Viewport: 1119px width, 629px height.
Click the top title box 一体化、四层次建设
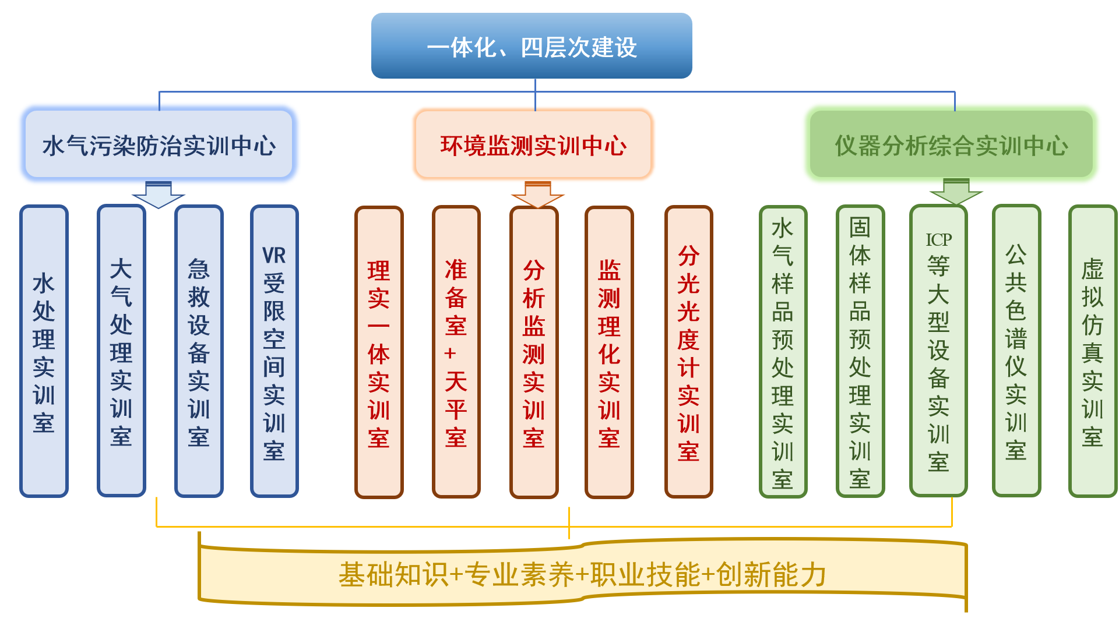532,46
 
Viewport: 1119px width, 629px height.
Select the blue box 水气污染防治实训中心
159,144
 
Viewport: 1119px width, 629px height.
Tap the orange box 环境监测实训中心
533,144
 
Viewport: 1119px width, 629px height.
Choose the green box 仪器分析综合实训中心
951,144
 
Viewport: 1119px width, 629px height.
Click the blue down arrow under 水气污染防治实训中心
159,195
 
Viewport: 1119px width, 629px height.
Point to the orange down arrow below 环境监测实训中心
537,195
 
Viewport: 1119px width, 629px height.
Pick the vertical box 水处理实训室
44,351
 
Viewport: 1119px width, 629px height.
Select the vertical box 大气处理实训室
121,351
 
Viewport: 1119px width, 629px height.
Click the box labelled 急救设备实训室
199,351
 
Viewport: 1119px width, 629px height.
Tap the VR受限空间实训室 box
274,351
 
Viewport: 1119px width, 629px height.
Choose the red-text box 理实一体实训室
379,352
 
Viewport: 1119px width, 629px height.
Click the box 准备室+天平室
456,352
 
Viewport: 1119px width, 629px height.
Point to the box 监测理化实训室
609,352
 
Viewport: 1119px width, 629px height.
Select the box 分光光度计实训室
688,352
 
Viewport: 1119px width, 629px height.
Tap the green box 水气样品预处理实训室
783,352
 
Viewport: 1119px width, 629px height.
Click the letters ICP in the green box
938,239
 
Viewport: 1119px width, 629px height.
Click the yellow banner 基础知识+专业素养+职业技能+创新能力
583,574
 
